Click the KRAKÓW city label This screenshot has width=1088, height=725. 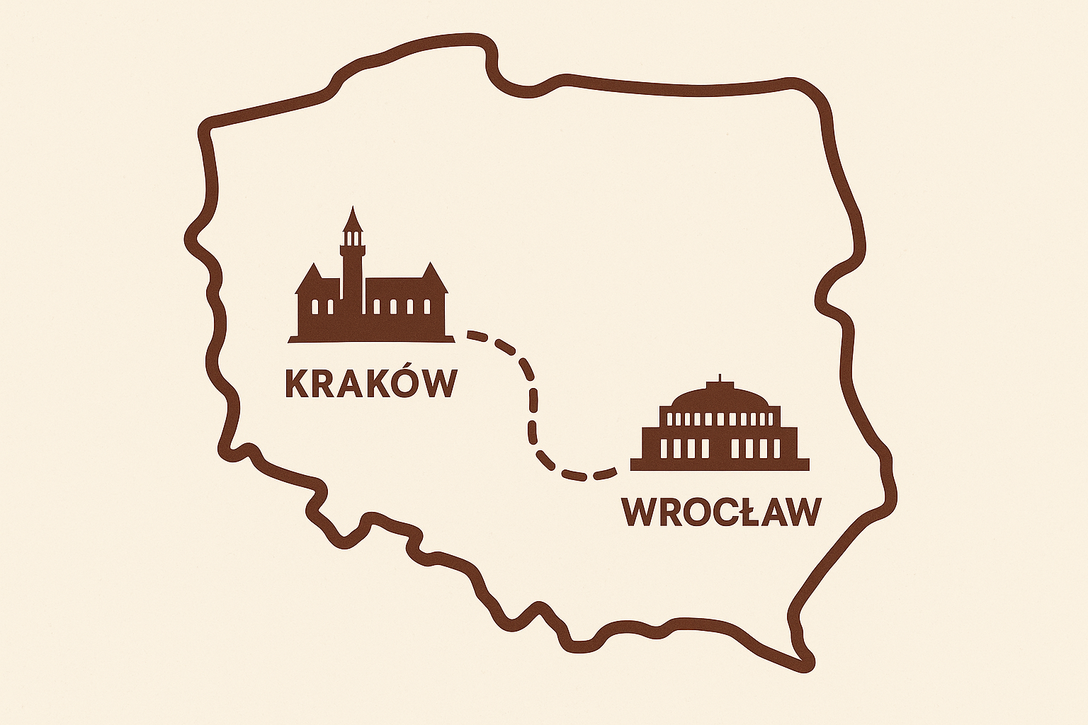tap(370, 382)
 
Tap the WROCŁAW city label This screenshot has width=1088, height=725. tap(722, 512)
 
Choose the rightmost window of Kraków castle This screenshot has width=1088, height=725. tap(427, 307)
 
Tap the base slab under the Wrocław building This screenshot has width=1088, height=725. tap(720, 464)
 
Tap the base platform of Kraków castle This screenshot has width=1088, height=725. tap(371, 338)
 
